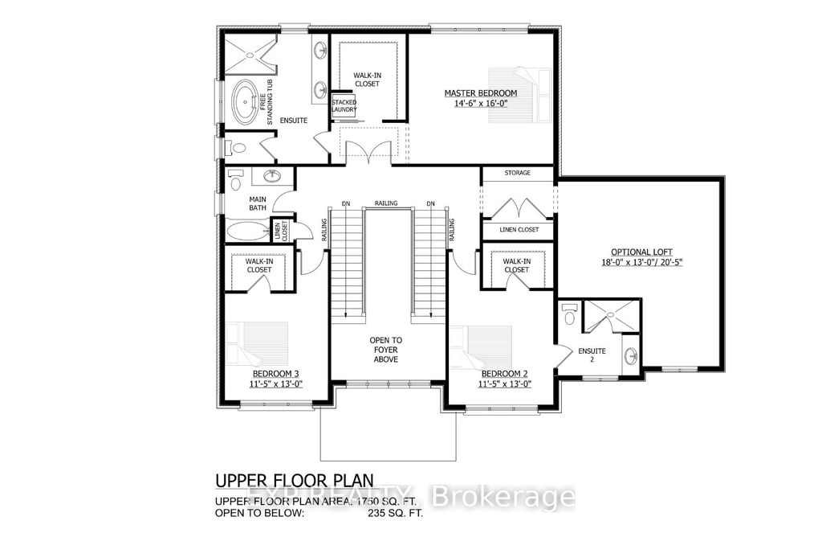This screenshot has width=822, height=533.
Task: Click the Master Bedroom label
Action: (481, 93)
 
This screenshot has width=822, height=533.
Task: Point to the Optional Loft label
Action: (640, 251)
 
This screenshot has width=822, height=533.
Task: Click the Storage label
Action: (517, 173)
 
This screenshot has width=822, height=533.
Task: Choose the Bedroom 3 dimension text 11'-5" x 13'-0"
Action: (276, 383)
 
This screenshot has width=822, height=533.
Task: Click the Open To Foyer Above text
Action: (386, 350)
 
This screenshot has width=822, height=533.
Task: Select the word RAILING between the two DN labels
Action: (386, 203)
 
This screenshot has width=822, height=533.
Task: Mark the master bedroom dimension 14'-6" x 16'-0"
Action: (481, 104)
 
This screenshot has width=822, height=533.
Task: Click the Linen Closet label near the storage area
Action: (517, 230)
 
